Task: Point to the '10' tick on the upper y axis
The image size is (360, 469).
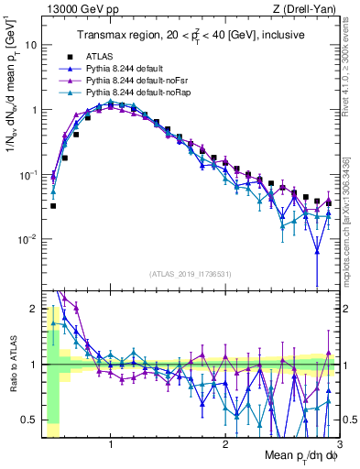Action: coord(31,45)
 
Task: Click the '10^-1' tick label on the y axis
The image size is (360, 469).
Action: coord(28,174)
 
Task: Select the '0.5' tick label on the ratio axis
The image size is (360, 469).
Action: coord(29,420)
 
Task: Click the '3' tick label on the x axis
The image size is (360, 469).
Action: coord(339,444)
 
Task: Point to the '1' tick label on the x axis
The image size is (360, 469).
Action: coord(111,444)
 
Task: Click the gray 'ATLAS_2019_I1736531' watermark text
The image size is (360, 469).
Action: coord(190,273)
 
